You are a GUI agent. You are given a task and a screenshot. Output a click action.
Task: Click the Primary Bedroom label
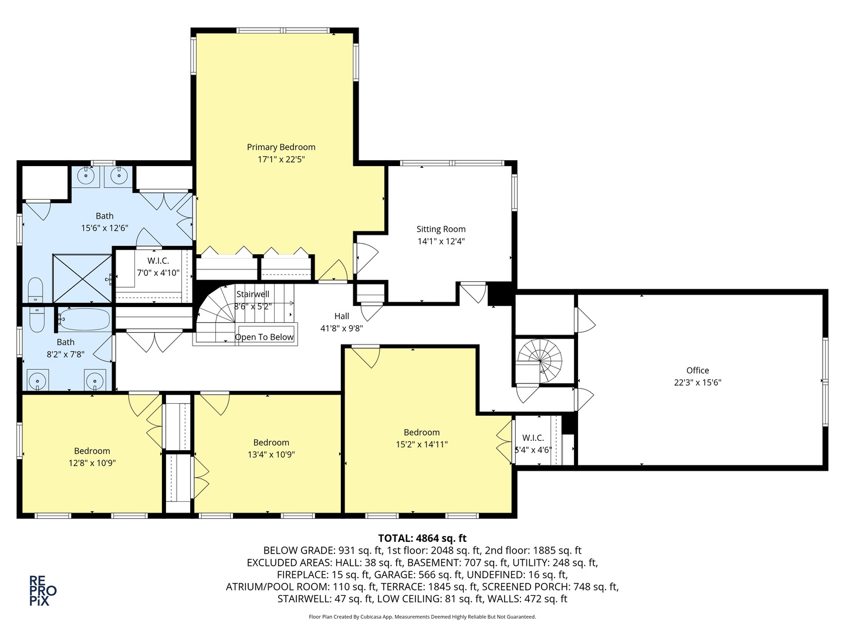[280, 147]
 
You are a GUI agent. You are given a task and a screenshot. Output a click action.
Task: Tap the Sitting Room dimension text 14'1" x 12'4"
[441, 241]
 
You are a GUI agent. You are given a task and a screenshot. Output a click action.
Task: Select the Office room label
[697, 370]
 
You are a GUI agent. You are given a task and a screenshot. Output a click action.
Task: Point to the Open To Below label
[264, 337]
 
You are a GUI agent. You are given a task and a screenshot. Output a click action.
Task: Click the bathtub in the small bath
[84, 320]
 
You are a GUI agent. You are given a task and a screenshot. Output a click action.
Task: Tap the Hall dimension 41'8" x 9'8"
[342, 328]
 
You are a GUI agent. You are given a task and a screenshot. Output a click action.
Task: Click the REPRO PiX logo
[43, 590]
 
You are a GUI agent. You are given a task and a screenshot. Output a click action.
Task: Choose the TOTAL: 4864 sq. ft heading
[422, 538]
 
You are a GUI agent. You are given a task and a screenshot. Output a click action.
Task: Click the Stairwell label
[253, 294]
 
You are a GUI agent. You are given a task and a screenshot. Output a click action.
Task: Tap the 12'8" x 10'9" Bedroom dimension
[92, 463]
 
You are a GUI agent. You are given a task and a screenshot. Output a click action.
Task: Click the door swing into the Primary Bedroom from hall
[333, 271]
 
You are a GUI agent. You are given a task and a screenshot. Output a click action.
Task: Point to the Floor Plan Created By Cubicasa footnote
[422, 617]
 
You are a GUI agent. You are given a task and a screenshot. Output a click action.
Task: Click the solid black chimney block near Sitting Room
[500, 294]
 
